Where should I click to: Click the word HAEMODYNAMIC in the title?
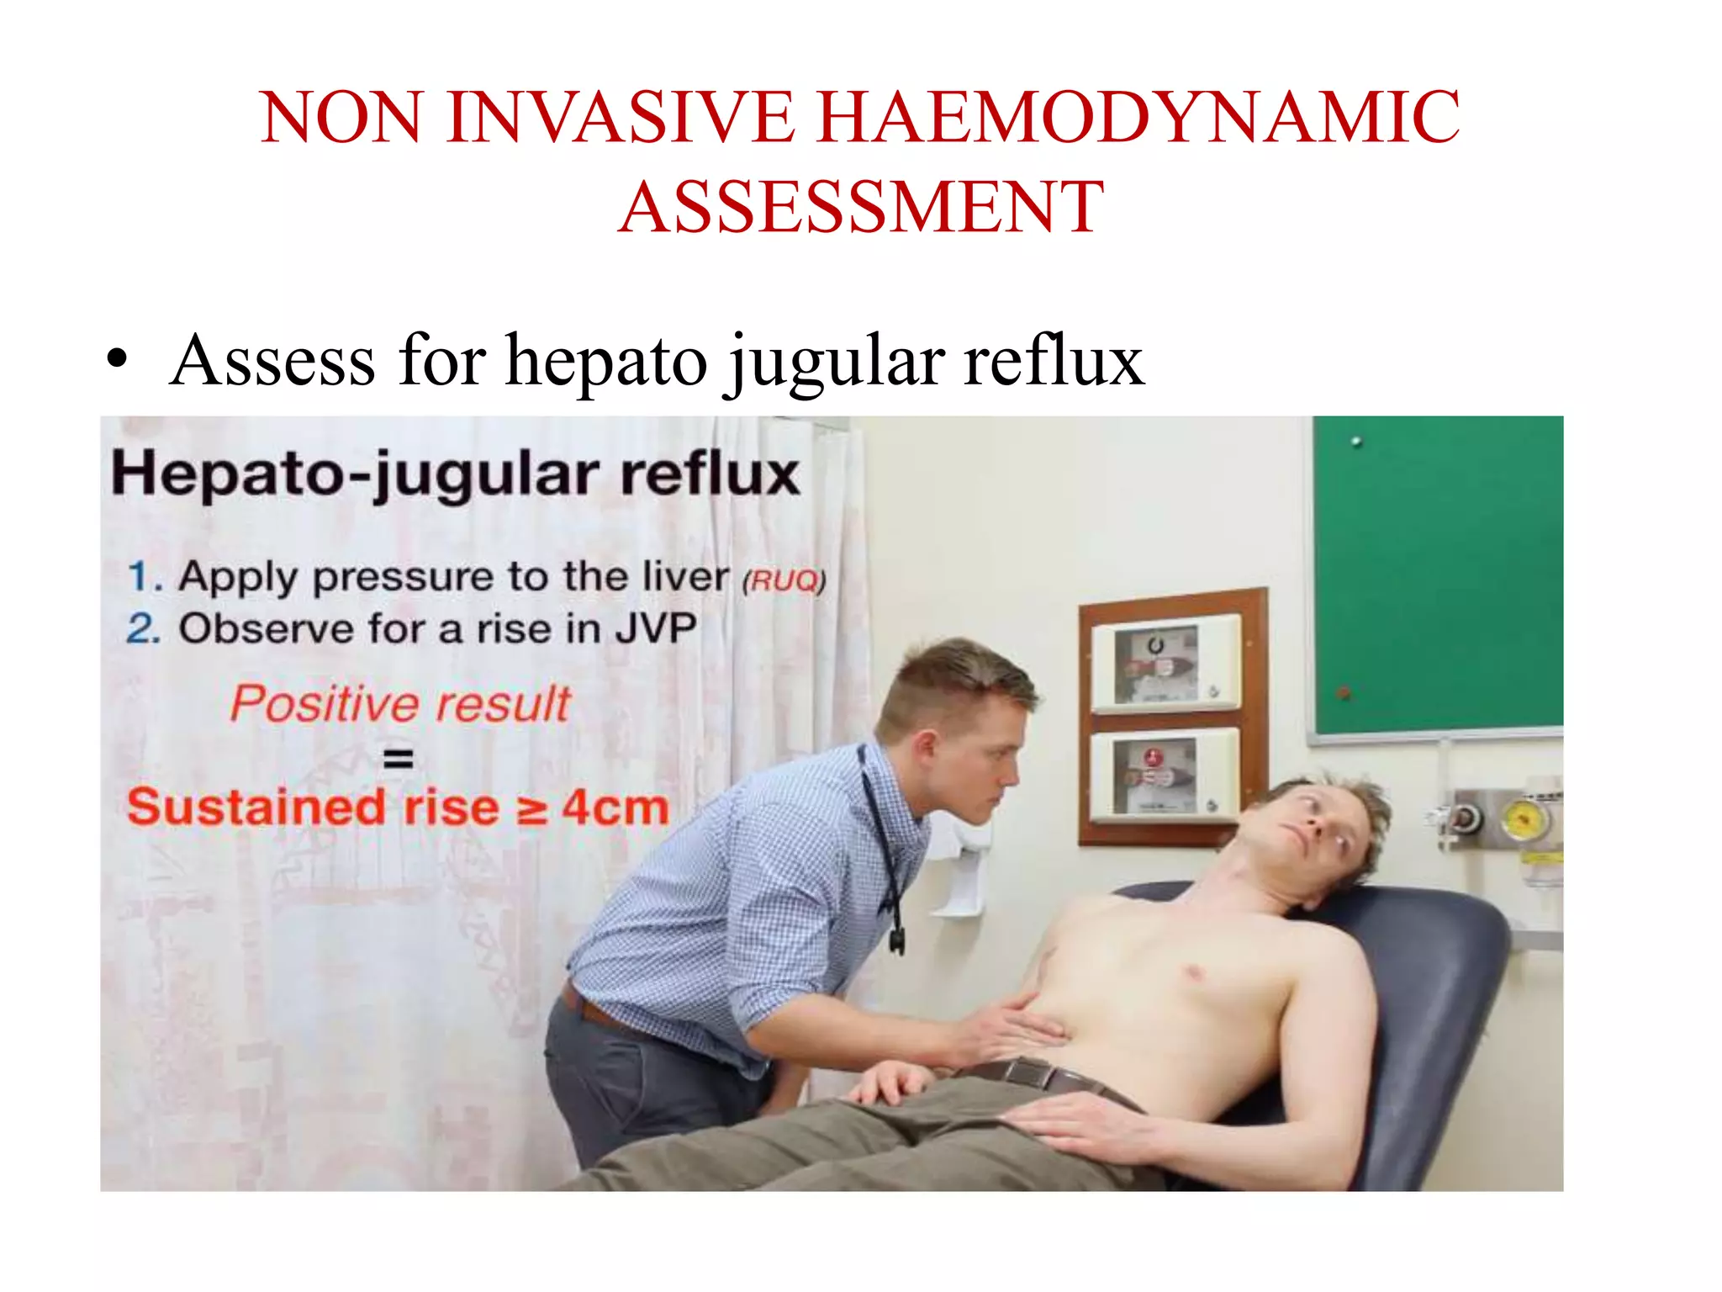coord(1138,118)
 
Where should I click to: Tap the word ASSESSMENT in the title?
coord(861,207)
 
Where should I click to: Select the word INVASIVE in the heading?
coord(621,118)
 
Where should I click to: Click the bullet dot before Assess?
coord(118,360)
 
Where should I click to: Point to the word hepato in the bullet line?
coord(606,362)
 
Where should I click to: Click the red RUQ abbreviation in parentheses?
coord(784,580)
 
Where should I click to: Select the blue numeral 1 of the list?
coord(140,577)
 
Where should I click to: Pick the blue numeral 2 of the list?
coord(141,628)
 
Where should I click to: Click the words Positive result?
coord(400,703)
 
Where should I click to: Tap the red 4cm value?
coord(615,807)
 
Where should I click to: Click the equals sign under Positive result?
coord(398,758)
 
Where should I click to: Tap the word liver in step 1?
coord(685,577)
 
